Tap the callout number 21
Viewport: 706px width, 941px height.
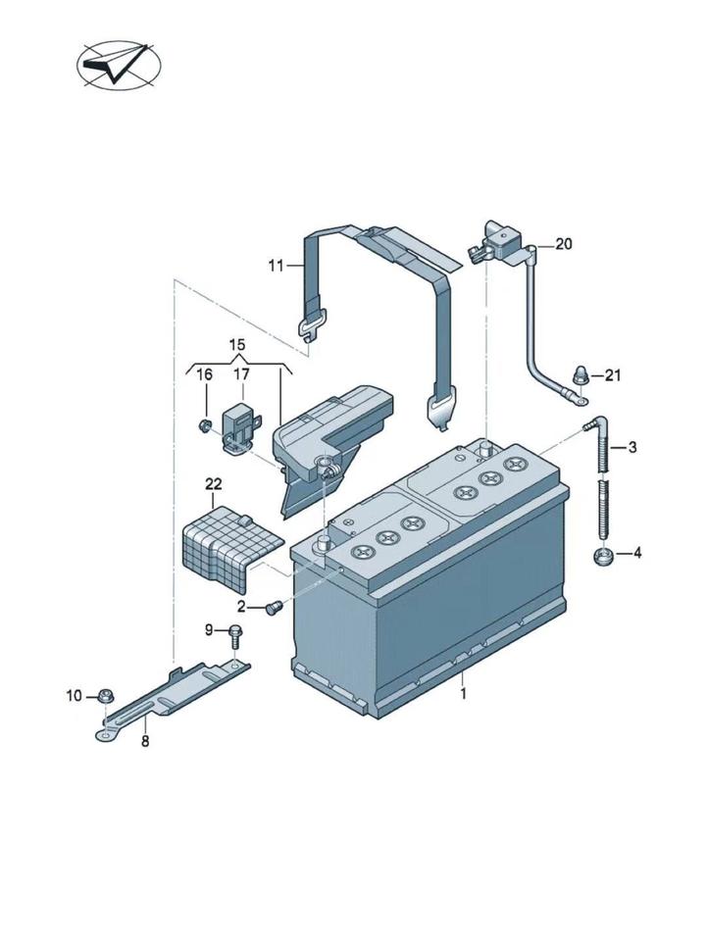click(612, 375)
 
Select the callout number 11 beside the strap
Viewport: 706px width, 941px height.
click(276, 266)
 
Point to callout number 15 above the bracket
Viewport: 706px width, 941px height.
click(237, 345)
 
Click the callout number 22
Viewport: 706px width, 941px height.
click(213, 483)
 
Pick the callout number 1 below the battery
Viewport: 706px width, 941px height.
click(463, 694)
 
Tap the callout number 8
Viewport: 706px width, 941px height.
click(145, 742)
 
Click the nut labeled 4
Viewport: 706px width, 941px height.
click(601, 557)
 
